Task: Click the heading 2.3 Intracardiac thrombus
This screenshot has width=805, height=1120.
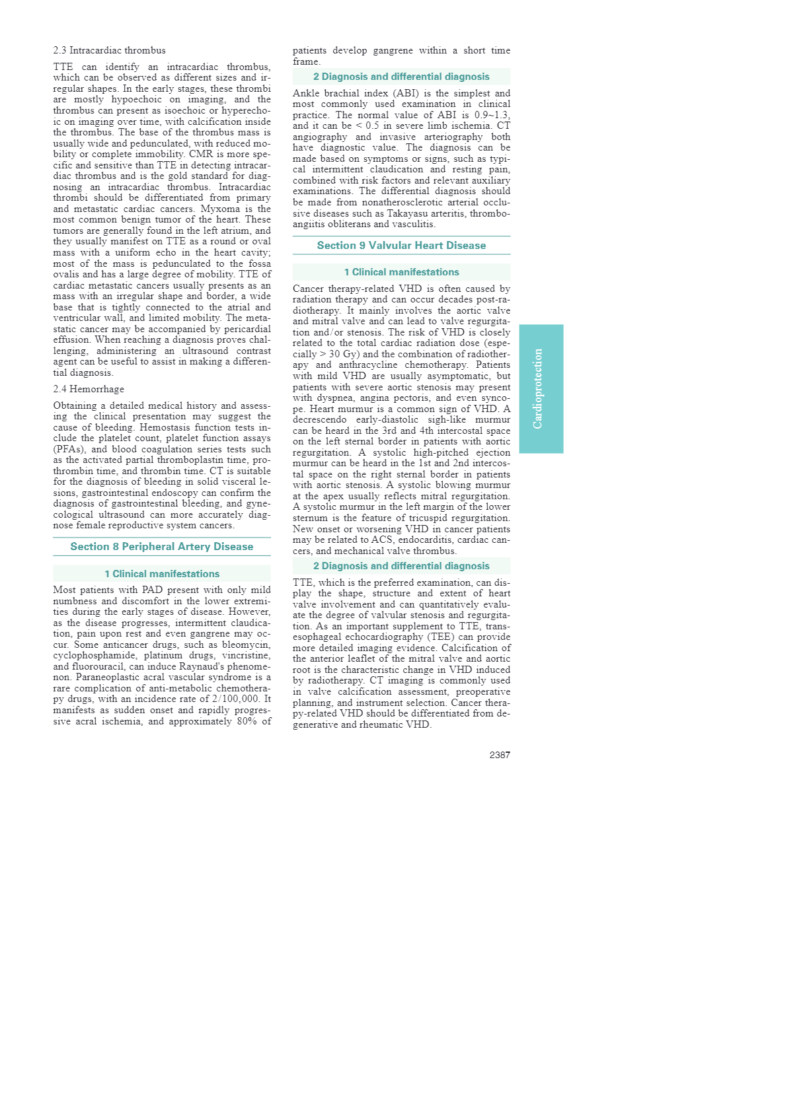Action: point(109,50)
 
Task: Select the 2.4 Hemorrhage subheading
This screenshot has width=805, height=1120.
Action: point(89,389)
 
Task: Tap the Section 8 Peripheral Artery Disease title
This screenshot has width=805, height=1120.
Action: point(162,547)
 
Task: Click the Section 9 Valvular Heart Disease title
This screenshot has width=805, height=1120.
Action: point(401,246)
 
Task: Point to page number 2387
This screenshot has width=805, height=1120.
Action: point(500,755)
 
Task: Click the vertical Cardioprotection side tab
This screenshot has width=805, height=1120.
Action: point(541,388)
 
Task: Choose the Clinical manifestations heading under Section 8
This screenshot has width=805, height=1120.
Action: point(162,574)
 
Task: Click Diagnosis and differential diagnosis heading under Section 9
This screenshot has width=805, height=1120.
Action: point(401,566)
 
